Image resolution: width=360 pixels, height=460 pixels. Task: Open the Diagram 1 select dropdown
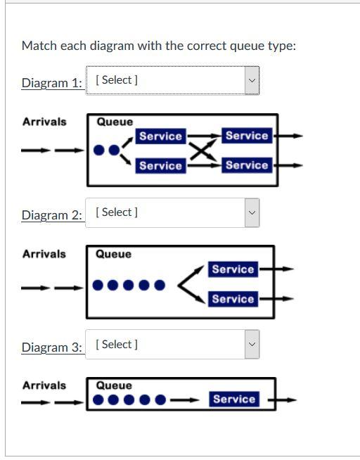click(x=172, y=80)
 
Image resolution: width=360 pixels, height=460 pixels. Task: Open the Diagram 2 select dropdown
click(x=172, y=212)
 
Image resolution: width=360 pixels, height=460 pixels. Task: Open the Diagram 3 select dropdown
click(x=172, y=345)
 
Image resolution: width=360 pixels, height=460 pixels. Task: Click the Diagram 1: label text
click(x=51, y=83)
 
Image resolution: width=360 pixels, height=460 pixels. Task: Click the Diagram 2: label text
click(x=51, y=215)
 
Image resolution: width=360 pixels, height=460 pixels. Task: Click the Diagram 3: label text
click(x=51, y=347)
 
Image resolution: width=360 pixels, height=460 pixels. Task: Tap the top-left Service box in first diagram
click(x=160, y=136)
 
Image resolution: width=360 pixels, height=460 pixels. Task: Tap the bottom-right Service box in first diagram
click(x=246, y=165)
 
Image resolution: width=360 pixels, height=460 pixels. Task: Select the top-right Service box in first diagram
click(x=246, y=136)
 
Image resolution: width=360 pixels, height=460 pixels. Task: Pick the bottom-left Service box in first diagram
click(x=160, y=165)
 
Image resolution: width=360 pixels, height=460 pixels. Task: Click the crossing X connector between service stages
click(x=202, y=151)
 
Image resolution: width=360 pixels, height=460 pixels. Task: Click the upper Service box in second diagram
click(x=233, y=269)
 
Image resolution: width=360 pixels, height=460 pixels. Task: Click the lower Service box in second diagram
click(x=233, y=299)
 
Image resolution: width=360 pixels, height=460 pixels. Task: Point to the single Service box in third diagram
click(x=233, y=400)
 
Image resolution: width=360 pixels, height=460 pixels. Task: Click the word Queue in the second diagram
click(x=113, y=254)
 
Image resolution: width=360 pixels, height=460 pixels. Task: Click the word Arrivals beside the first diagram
click(x=44, y=122)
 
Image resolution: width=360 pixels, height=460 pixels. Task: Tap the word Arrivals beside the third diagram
click(x=44, y=385)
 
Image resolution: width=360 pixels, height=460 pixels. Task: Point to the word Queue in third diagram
click(x=113, y=385)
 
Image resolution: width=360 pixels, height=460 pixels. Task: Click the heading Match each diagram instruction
click(x=158, y=46)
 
